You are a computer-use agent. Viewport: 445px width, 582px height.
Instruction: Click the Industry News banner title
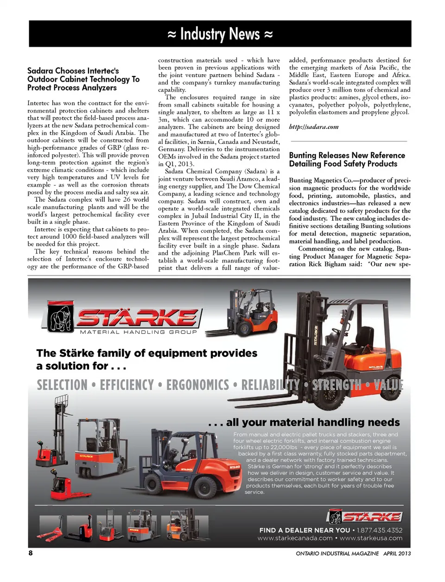[220, 34]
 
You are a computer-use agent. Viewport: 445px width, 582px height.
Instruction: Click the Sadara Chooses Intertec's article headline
[83, 79]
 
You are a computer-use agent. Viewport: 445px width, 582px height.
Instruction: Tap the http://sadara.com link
[313, 127]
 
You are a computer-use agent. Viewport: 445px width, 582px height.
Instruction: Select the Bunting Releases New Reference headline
[347, 159]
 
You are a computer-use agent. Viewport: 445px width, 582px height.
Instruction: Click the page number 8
[31, 553]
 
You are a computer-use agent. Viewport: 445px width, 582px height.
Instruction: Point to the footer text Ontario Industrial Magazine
[337, 553]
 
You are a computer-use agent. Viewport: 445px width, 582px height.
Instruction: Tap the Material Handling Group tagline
[138, 332]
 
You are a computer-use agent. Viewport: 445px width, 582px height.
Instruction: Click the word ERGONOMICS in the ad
[197, 385]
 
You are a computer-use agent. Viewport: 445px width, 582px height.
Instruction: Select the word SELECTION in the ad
[62, 385]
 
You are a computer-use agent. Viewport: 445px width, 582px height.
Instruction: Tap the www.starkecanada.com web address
[295, 538]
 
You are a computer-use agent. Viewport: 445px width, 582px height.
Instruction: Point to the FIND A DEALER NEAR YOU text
[305, 530]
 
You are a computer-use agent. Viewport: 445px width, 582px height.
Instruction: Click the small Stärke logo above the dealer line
[365, 516]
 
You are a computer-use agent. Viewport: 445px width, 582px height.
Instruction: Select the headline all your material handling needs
[304, 422]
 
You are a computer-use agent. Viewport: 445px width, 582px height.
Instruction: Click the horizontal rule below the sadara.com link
[348, 141]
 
